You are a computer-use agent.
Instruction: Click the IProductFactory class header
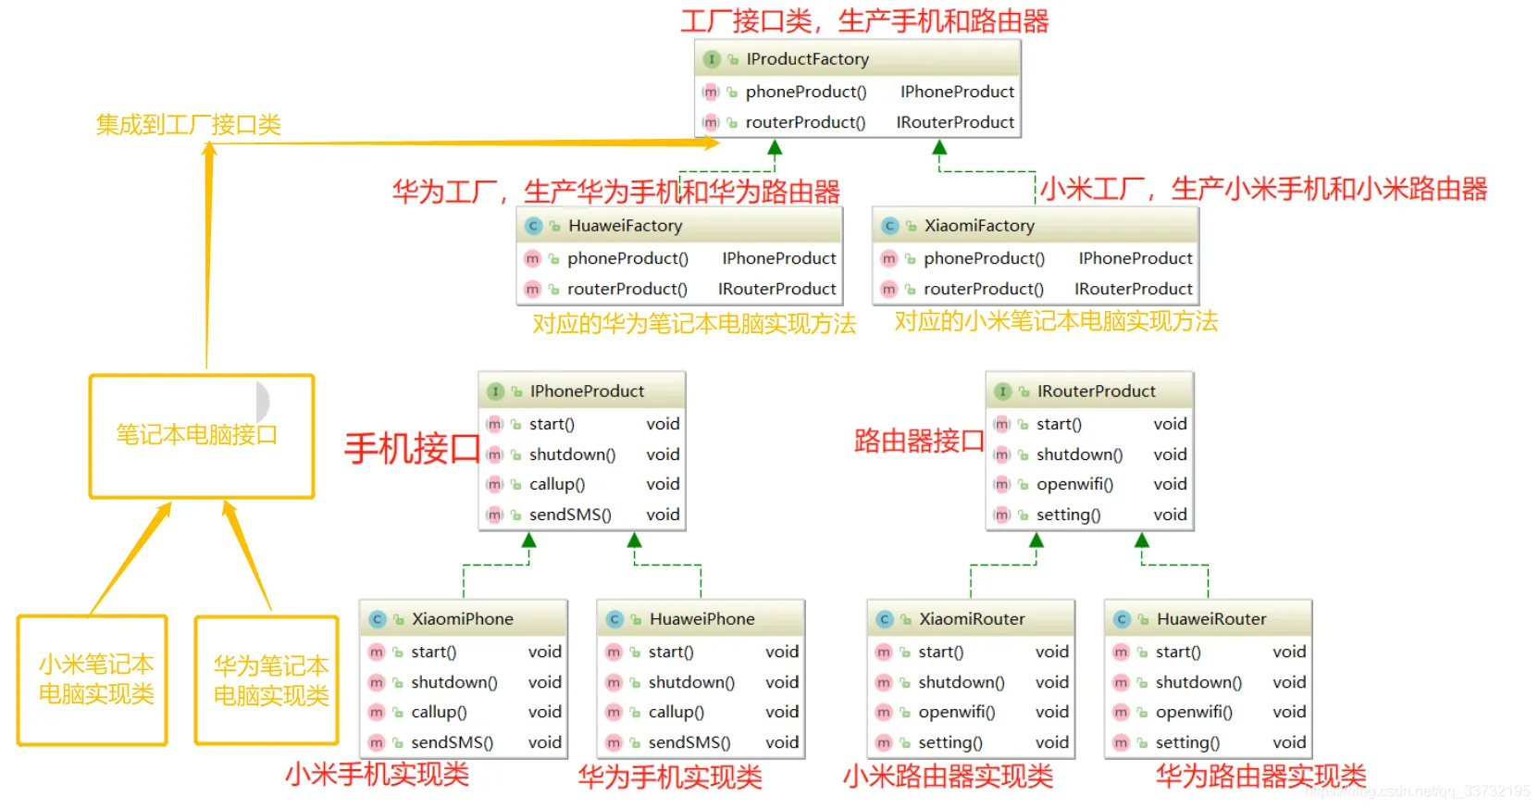(807, 59)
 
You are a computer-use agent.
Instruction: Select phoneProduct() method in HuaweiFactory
(627, 258)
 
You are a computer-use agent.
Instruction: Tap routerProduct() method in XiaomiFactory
(983, 289)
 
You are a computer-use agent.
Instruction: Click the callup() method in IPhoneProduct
(556, 484)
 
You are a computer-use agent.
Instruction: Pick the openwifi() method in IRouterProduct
(1074, 484)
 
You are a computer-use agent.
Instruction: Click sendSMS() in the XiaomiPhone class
(452, 742)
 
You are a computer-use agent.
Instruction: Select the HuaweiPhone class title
(701, 619)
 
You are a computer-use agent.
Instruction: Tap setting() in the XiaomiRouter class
(949, 742)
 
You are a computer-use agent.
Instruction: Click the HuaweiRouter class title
(1210, 619)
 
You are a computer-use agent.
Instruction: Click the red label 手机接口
(412, 449)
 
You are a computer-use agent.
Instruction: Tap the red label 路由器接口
(918, 441)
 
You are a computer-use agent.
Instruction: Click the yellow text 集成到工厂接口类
(188, 125)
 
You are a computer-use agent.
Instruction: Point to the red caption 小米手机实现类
(377, 774)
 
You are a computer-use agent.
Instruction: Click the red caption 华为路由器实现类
(1260, 776)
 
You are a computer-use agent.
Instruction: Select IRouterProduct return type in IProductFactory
(955, 122)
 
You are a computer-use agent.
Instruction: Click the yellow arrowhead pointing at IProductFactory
(710, 143)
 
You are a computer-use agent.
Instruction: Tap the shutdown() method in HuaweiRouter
(1198, 682)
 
